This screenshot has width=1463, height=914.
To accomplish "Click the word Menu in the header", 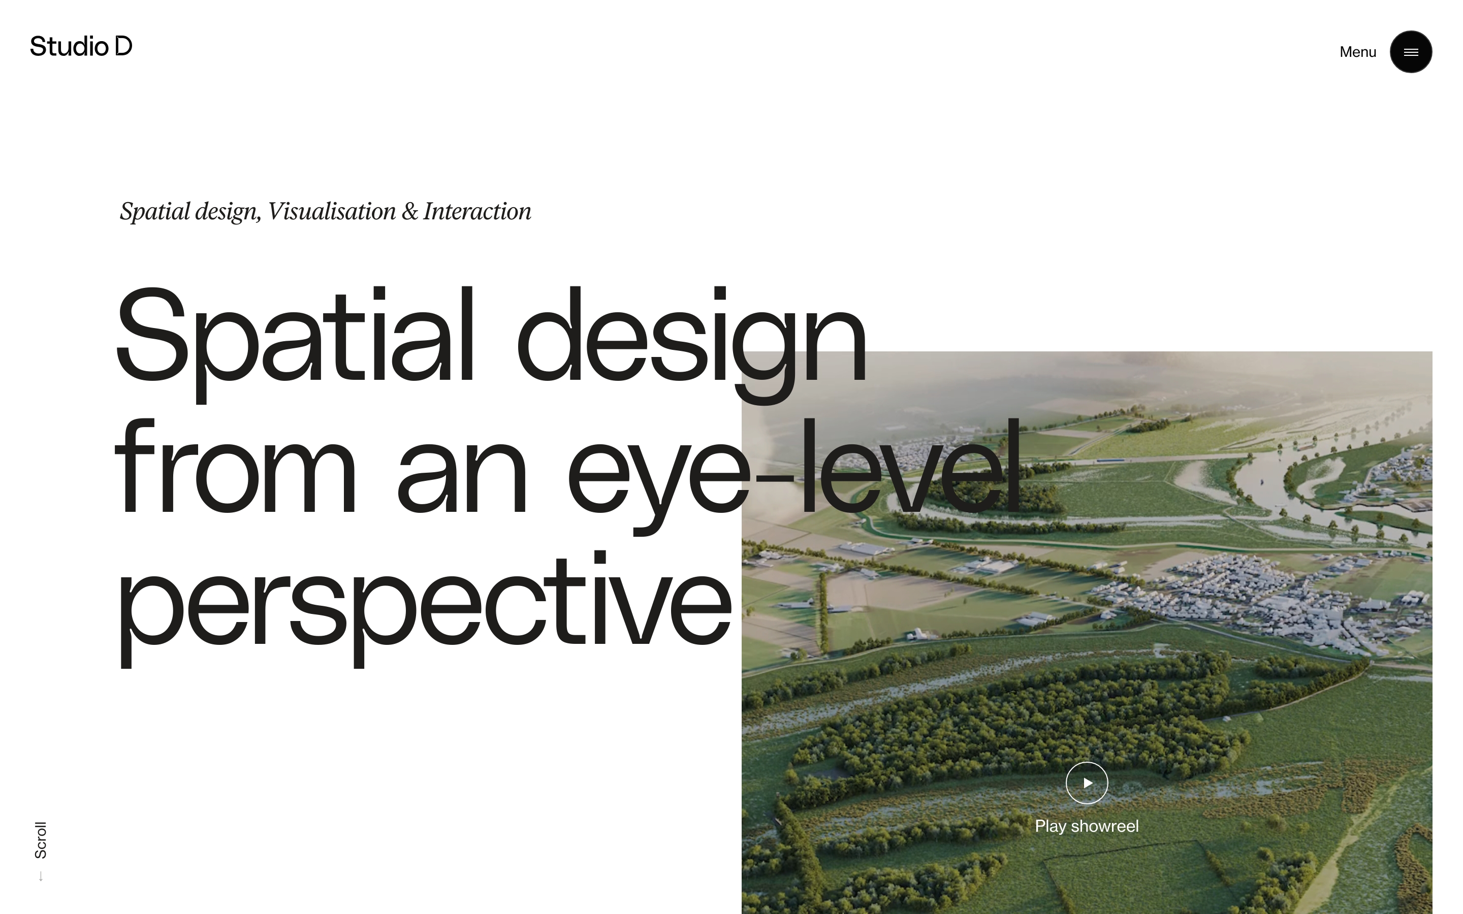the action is coord(1358,52).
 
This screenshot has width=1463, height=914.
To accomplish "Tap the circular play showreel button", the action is coord(1087,783).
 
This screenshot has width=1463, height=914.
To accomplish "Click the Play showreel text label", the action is coord(1087,826).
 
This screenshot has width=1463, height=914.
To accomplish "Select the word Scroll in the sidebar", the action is coord(41,840).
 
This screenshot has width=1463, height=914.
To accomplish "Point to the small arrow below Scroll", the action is coord(41,876).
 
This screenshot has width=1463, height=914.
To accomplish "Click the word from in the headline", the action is coord(235,466).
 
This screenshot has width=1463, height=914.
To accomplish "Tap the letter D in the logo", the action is coord(123,46).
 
